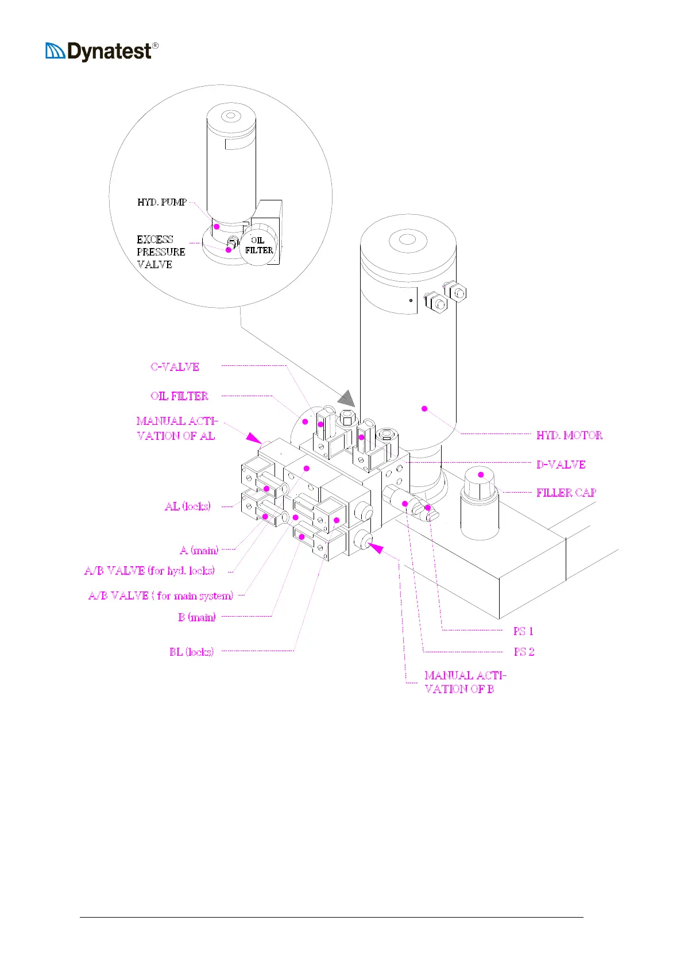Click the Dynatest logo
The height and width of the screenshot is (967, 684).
[x=102, y=52]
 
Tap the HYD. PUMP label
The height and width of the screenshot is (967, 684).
[x=162, y=202]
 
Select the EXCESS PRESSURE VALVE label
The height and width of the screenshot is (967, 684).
[x=161, y=252]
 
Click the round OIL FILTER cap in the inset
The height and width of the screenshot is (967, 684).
[x=258, y=245]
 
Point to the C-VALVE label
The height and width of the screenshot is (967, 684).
[x=175, y=366]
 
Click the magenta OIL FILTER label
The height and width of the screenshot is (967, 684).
[x=179, y=396]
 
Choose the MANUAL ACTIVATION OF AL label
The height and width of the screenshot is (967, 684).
[x=177, y=428]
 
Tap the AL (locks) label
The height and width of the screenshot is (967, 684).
[x=188, y=506]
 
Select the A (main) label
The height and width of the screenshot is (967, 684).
[x=199, y=550]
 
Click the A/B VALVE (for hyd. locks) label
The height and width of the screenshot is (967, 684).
[x=149, y=571]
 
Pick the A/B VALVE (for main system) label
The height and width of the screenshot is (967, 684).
[x=161, y=595]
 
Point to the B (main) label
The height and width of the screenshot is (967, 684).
[x=197, y=617]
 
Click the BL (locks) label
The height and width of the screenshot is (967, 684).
[x=191, y=652]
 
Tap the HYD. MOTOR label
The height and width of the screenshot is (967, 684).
[x=569, y=435]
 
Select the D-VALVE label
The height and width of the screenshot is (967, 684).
[x=561, y=465]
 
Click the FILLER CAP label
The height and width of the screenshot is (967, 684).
[x=566, y=493]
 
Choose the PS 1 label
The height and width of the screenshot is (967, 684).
[x=523, y=631]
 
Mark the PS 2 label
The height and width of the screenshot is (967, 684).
[x=524, y=652]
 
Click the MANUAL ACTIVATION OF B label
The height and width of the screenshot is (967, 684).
[x=465, y=682]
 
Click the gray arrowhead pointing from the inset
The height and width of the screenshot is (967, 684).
[x=346, y=398]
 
